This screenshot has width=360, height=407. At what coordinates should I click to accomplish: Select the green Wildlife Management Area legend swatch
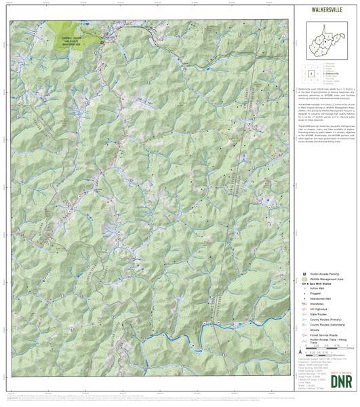[x=304, y=279]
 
